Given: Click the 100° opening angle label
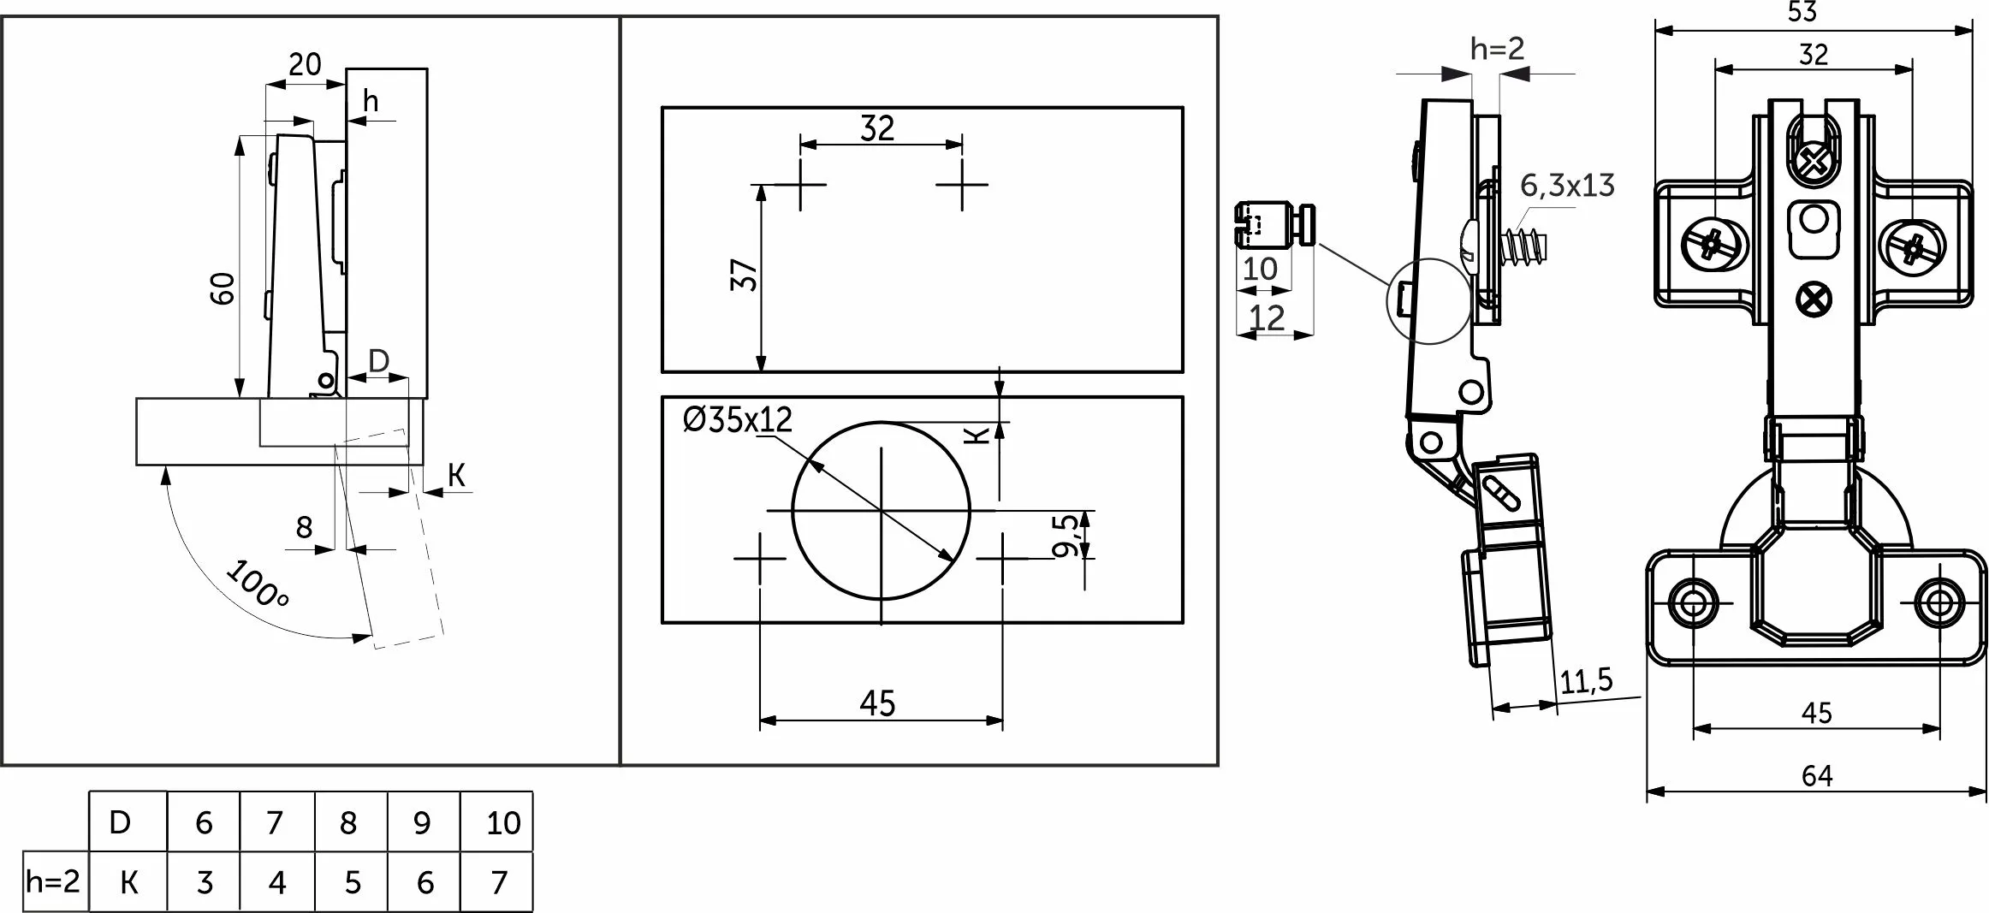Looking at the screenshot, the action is [x=256, y=583].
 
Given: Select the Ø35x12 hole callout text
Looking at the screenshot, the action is [x=738, y=419].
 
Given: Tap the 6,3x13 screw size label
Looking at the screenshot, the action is [x=1567, y=186].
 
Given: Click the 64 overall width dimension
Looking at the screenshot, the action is [x=1816, y=775].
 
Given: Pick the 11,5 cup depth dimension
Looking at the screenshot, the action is [x=1587, y=682].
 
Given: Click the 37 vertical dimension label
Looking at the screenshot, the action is [x=745, y=275].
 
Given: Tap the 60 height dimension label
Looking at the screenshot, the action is [x=222, y=288].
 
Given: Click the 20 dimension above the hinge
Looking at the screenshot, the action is [x=305, y=64].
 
